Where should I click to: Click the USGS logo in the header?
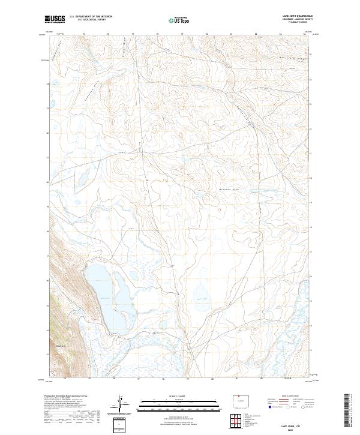(x=54, y=19)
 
